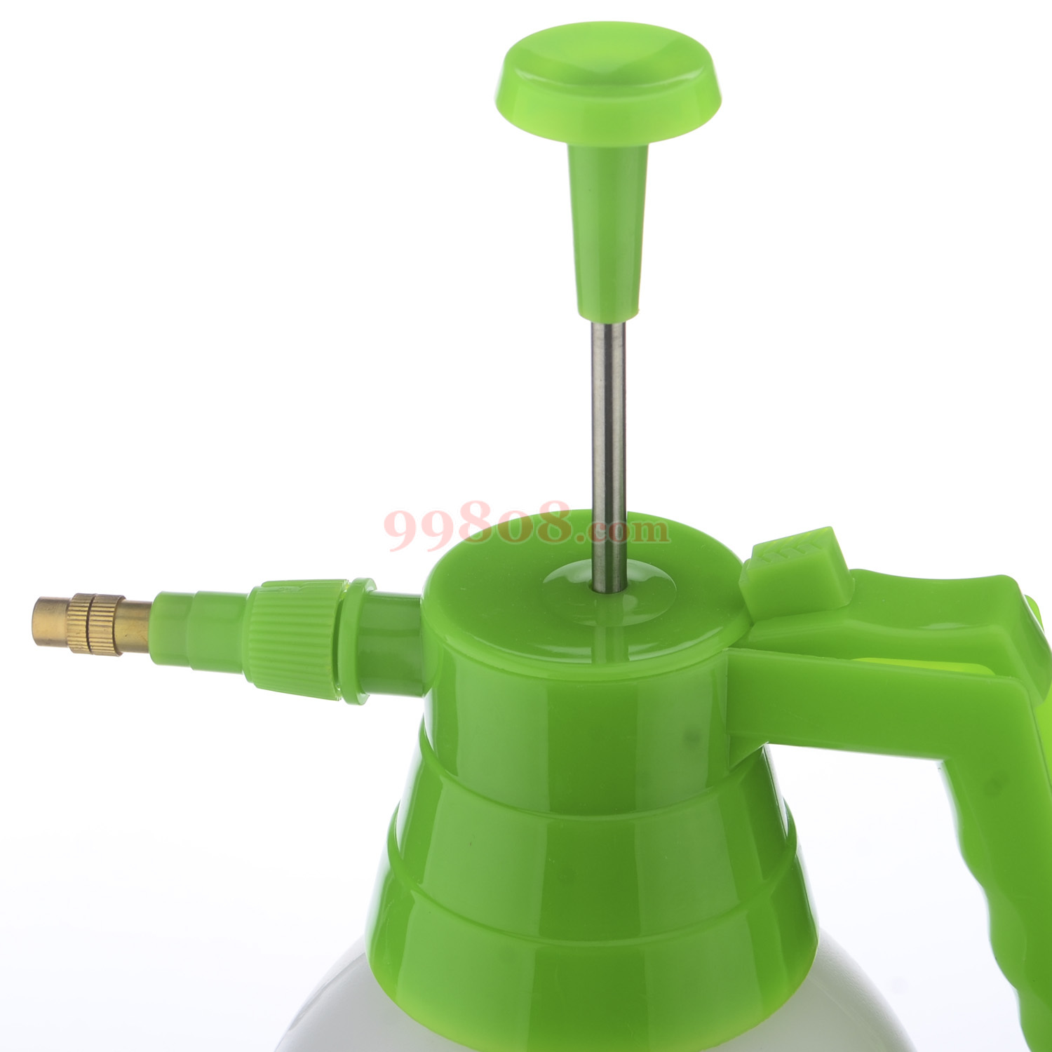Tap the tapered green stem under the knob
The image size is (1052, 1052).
(607, 231)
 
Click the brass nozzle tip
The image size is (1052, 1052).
(91, 624)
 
